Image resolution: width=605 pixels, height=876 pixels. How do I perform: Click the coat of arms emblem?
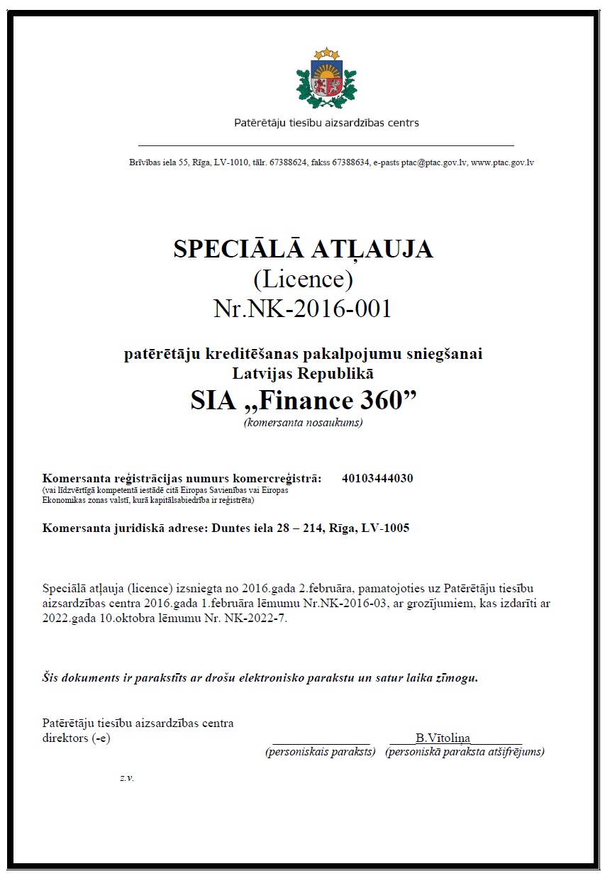coord(326,78)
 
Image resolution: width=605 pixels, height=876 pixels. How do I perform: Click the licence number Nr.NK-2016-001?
coord(302,309)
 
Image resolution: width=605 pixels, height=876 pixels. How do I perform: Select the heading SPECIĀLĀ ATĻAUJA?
coord(303,249)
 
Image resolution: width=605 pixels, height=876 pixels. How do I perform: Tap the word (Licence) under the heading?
coord(303,279)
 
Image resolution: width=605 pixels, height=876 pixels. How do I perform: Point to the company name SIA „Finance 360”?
coord(303,401)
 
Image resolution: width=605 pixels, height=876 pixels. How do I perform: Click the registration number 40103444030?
coord(377,478)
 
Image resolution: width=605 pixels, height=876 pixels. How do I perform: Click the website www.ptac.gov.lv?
coord(502,162)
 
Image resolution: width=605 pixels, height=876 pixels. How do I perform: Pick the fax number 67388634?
coord(350,162)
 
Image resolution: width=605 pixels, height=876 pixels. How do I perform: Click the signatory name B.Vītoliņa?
coord(443,738)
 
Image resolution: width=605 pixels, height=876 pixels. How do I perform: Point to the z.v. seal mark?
coord(127,777)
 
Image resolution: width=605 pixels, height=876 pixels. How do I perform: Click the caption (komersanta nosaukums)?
coord(303,423)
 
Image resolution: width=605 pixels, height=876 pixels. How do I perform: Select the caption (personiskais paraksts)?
coord(320,751)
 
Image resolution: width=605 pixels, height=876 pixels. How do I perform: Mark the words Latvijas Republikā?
coord(303,371)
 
